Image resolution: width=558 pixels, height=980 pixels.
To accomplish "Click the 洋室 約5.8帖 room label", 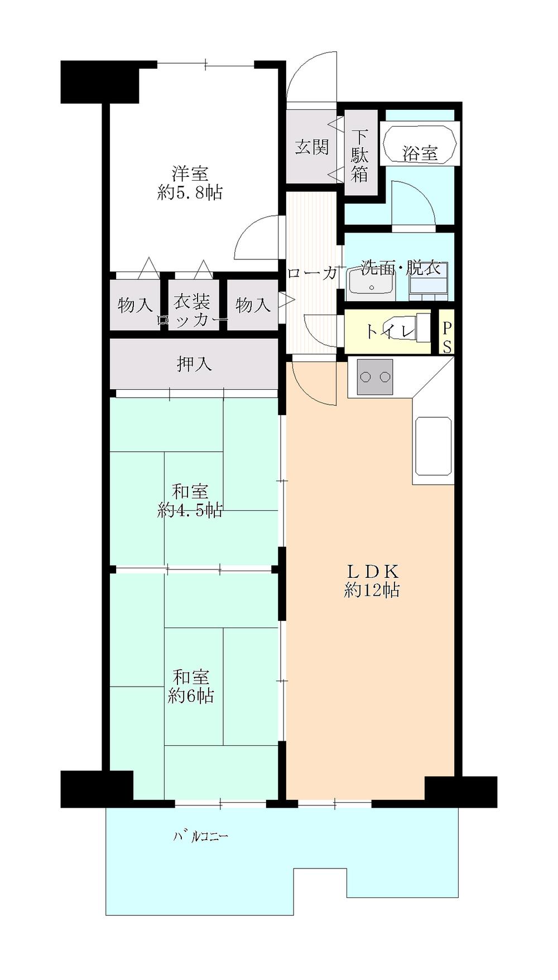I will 190,182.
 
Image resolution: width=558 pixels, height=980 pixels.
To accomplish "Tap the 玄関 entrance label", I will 312,147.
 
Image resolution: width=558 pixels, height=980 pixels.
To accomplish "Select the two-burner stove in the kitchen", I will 374,377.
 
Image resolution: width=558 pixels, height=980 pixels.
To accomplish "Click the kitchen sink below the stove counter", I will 433,446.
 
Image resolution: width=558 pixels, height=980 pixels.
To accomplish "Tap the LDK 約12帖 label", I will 372,580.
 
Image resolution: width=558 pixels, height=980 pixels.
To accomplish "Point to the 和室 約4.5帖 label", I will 190,500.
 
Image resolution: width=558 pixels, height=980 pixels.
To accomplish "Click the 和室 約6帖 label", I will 190,686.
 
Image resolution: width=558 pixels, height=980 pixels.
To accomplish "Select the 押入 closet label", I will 194,364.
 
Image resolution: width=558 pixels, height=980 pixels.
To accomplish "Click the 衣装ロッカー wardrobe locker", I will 192,310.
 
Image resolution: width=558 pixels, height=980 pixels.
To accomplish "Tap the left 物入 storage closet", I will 134,305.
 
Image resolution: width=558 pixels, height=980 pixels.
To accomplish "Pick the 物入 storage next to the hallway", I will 253,305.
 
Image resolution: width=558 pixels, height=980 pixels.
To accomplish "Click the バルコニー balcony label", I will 201,837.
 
